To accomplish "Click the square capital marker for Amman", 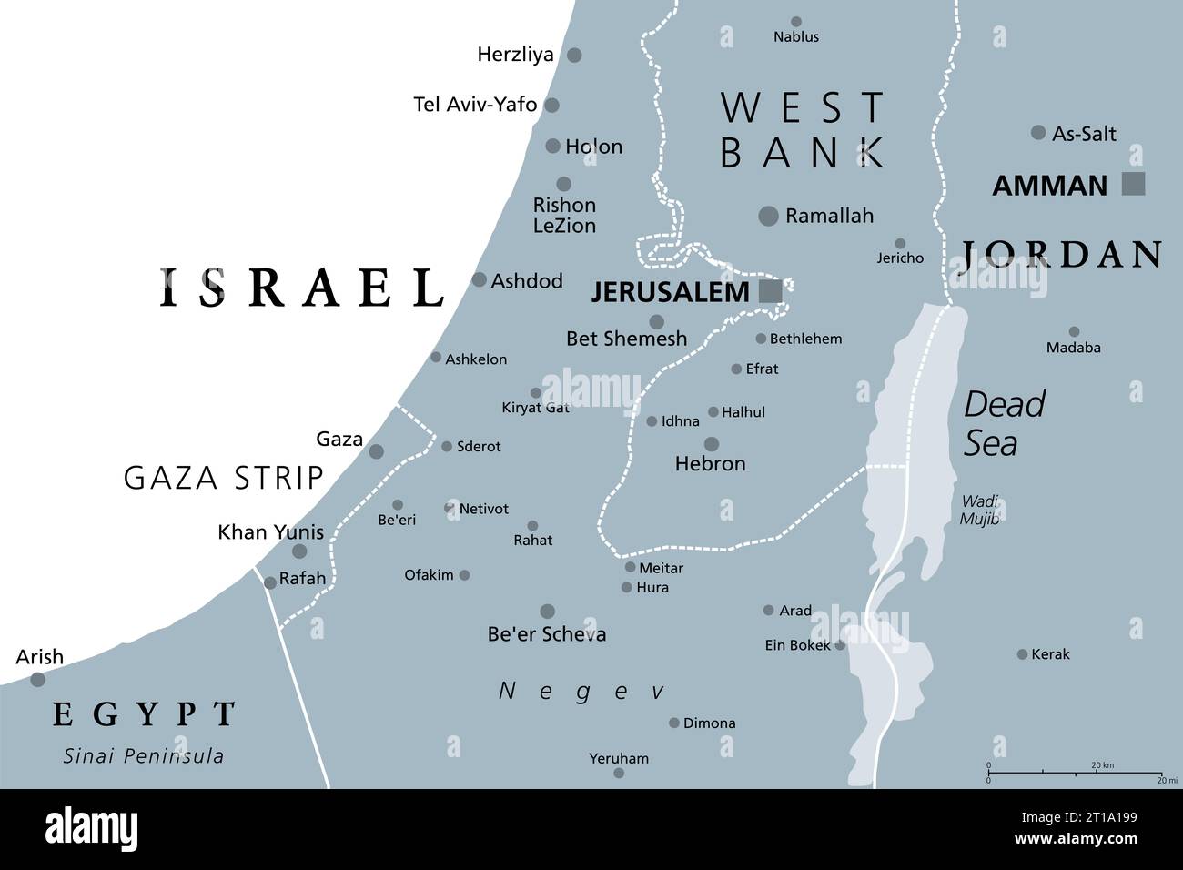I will coord(1133,184).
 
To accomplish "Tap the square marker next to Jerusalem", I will coord(770,291).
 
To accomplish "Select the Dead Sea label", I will coord(1004,423).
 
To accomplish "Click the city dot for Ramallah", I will coord(769,216).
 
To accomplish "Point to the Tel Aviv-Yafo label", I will coord(475,105).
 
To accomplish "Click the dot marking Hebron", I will coord(712,444).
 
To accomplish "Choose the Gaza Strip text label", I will coord(224,477).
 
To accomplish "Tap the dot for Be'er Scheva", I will coord(548,612).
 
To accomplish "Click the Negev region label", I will coord(577,692).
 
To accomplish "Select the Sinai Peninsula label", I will coord(144,755).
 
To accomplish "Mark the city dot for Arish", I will coord(37,679).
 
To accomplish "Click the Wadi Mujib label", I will coord(979,511).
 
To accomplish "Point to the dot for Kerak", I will coord(1022,654).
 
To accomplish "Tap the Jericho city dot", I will coord(900,243).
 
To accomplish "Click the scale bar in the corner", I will coord(1075,774).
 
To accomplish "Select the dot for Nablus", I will coord(796,22).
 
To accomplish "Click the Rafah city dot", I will coord(270,582).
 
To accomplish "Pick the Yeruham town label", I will coord(619,757).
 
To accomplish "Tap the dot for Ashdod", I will coord(480,280).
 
